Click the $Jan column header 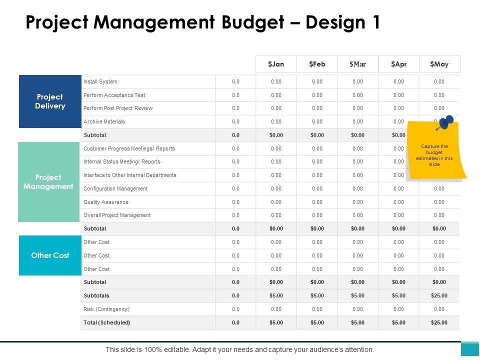[276, 64]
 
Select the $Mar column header [357, 64]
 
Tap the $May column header [439, 64]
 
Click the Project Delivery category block [50, 101]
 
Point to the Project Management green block [49, 182]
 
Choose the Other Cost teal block [50, 255]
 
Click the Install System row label [100, 81]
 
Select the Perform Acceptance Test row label [114, 95]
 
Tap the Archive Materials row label [104, 121]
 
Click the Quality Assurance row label [106, 202]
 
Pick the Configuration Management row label [115, 188]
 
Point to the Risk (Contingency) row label [106, 309]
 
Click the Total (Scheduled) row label [107, 322]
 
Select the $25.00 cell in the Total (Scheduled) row [439, 322]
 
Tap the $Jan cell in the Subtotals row [276, 295]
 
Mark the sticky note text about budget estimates [434, 155]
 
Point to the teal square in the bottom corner [470, 349]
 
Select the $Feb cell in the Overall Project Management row [317, 215]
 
